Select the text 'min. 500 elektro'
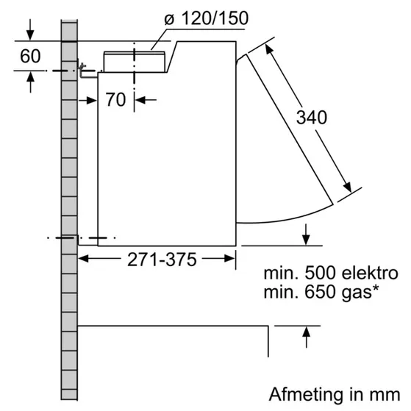point(331,273)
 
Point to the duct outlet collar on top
point(136,62)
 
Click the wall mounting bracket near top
point(85,71)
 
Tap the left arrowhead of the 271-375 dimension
point(83,259)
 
